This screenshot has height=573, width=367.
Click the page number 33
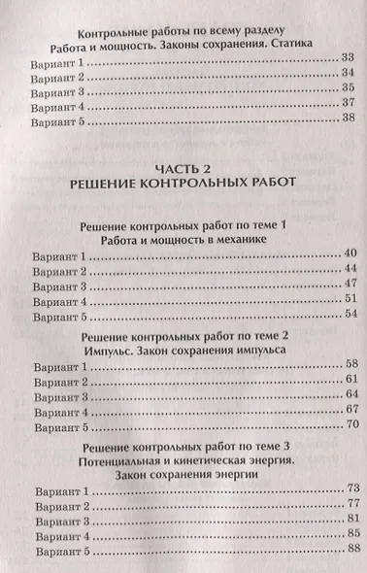click(350, 60)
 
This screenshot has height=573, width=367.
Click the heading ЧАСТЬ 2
click(183, 165)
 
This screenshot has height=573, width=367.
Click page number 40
click(351, 254)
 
